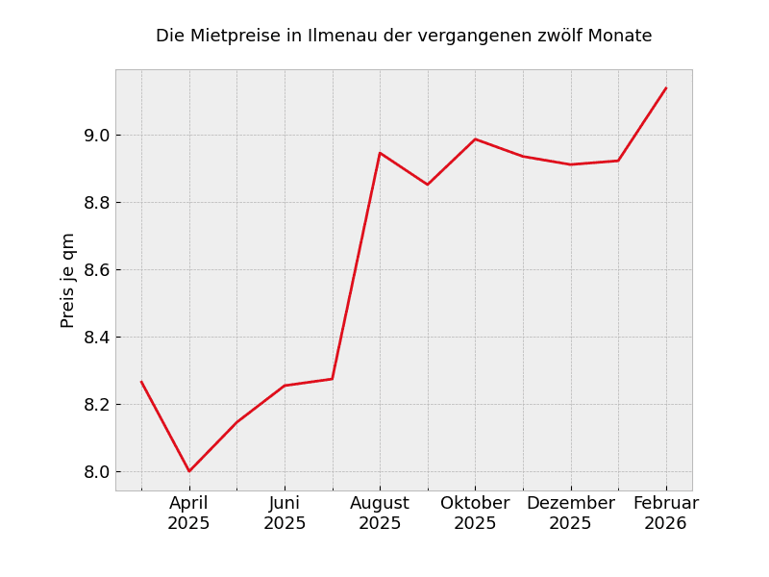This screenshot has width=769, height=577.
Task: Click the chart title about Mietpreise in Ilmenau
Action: [x=404, y=37]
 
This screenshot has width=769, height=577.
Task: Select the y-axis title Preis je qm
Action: [x=68, y=280]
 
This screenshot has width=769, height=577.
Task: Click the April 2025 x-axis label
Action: [x=189, y=514]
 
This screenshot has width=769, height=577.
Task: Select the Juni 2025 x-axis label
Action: [x=285, y=514]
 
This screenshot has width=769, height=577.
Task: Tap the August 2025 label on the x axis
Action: [x=380, y=514]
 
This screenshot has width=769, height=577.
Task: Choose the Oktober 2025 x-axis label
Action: [x=475, y=514]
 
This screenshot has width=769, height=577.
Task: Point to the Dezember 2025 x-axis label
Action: [x=571, y=514]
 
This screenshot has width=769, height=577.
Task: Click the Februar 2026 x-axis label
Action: [x=666, y=514]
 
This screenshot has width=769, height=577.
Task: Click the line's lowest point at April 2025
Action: [x=189, y=471]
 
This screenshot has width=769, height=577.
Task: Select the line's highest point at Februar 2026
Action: [x=666, y=88]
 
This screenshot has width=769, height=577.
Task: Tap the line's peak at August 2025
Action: [x=380, y=153]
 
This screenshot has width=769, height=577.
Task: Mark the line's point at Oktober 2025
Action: [x=475, y=139]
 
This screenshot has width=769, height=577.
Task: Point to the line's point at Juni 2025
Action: [x=285, y=386]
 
